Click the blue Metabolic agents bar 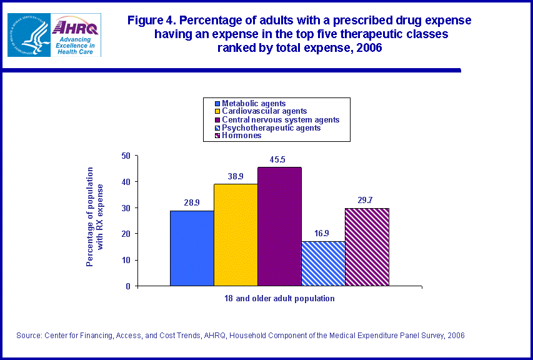point(192,248)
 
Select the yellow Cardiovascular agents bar point(236,235)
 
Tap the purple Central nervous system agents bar point(279,226)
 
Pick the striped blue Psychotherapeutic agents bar point(323,263)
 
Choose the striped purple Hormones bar point(367,247)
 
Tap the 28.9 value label point(191,203)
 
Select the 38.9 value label point(236,177)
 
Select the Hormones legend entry point(242,136)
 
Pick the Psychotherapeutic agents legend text point(271,127)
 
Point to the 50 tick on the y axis point(126,156)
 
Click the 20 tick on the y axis point(126,234)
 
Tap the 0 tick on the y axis point(127,286)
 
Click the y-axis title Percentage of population point(91,216)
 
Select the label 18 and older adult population point(279,298)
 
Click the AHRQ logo point(76,35)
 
